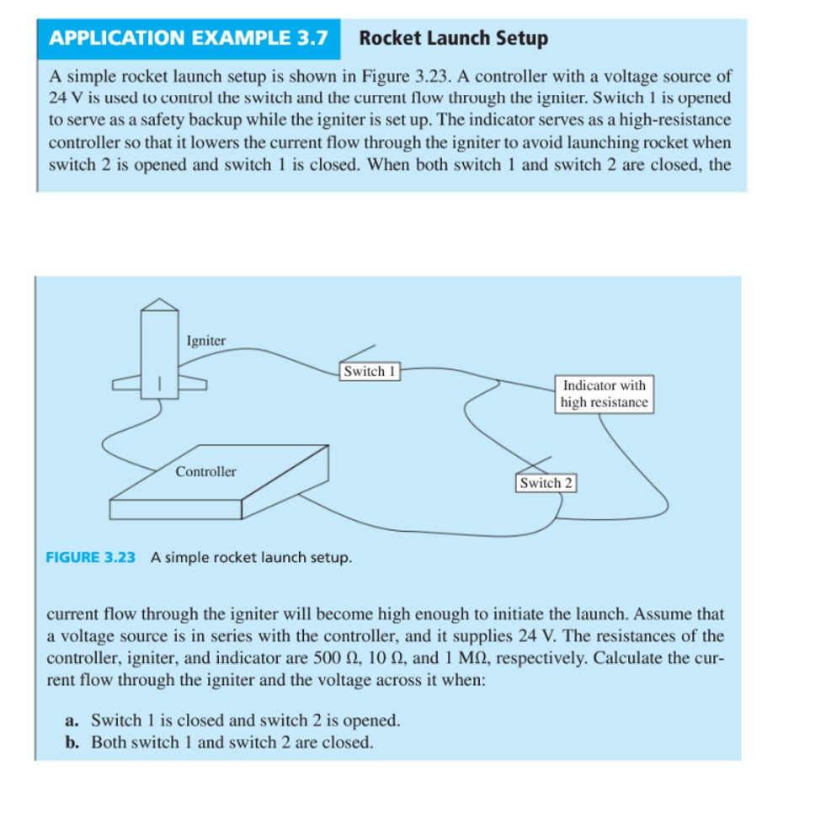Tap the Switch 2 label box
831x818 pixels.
click(545, 483)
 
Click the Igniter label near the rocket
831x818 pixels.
click(206, 341)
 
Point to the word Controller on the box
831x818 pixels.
click(205, 471)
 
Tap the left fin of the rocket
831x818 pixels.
click(127, 385)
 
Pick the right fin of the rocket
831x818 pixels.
click(193, 384)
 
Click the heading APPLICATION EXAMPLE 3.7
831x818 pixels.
click(188, 38)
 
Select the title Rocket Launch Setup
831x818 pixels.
click(453, 38)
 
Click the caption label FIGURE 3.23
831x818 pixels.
click(90, 557)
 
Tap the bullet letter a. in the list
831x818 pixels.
click(72, 720)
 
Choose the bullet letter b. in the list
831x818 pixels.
click(72, 742)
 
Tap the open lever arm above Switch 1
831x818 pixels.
click(356, 353)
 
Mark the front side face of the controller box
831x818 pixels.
click(176, 509)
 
